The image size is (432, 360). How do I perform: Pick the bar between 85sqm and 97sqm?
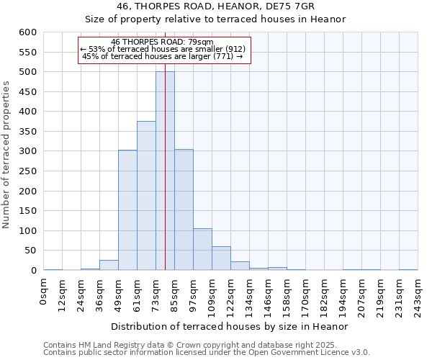184,210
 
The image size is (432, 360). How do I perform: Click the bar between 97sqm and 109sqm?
202,249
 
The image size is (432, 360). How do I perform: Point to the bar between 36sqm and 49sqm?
109,265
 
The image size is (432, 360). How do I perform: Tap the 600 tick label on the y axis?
27,32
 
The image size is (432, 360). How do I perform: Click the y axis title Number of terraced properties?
7,155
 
